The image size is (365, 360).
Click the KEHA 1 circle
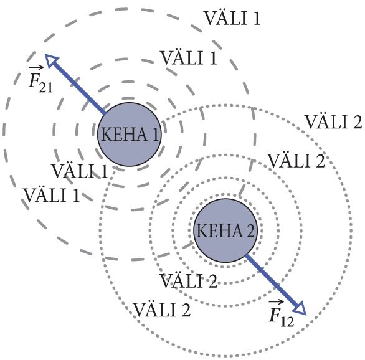click(x=129, y=135)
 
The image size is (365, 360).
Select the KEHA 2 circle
click(x=225, y=230)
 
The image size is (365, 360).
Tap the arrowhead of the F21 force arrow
click(x=52, y=60)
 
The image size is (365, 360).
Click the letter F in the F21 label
click(x=33, y=80)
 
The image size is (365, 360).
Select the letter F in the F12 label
click(x=274, y=315)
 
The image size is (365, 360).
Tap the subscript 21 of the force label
click(x=46, y=87)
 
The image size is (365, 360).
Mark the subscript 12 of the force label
click(x=287, y=322)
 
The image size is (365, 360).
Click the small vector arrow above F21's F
click(x=36, y=68)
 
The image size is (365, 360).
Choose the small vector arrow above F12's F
click(x=276, y=302)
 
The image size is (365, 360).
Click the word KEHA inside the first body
click(x=123, y=135)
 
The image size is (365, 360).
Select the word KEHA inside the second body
click(x=219, y=230)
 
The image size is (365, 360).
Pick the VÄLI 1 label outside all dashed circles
click(x=232, y=18)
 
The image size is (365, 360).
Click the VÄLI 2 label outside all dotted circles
click(x=334, y=121)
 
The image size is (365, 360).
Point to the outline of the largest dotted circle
click(x=351, y=230)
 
